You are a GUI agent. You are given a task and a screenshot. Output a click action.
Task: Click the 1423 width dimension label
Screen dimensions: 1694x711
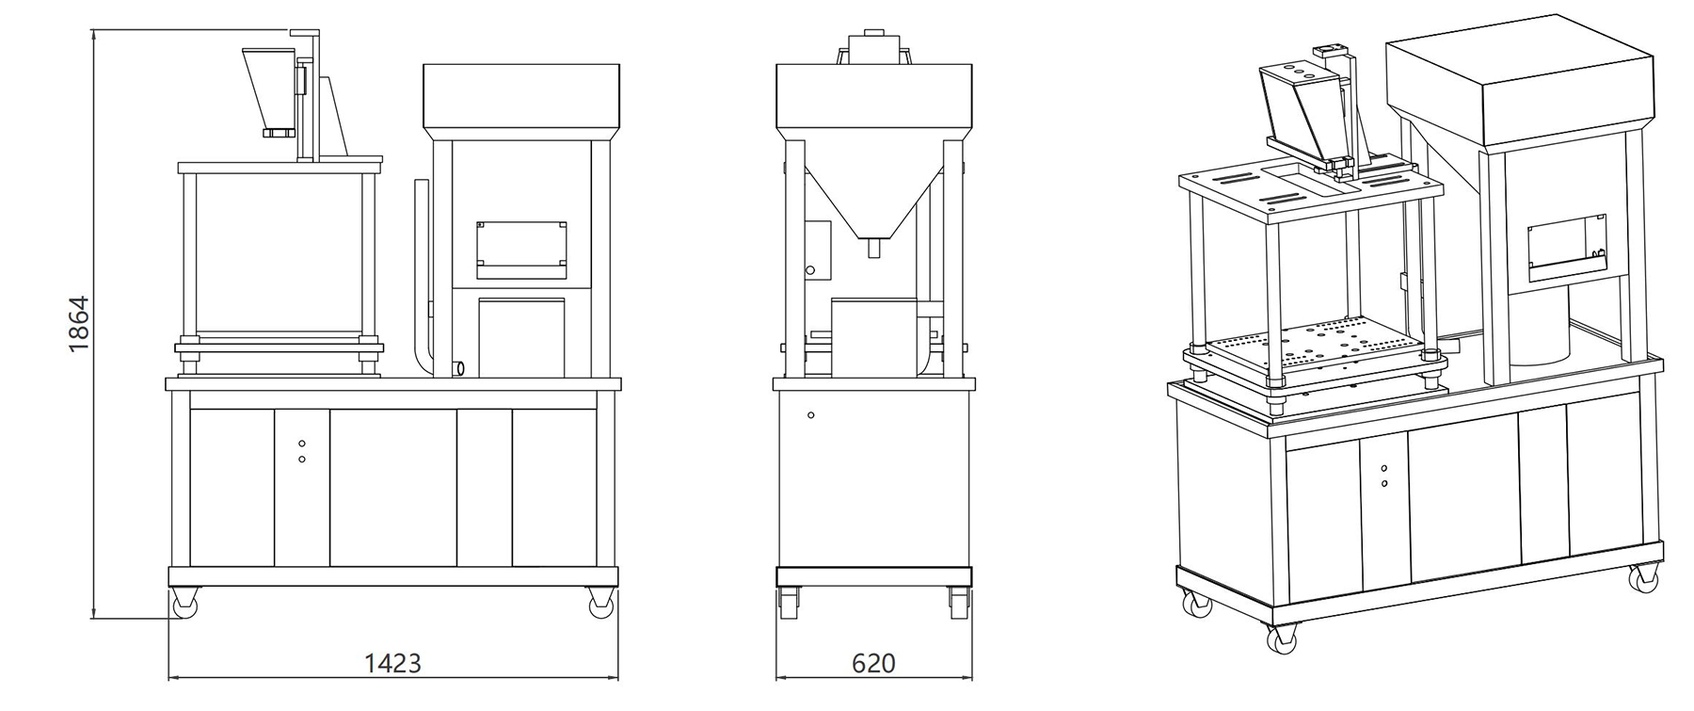392,663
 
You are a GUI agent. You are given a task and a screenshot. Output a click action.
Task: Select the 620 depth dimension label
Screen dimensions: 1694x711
873,663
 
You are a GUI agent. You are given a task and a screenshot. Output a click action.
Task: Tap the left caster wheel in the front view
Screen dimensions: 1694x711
185,603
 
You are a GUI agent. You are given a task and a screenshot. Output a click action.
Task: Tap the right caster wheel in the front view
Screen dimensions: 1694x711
599,603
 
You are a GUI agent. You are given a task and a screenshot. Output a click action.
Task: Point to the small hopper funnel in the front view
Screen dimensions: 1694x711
268,90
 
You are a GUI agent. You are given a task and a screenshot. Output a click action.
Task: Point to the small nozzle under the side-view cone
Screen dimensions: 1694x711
873,248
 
